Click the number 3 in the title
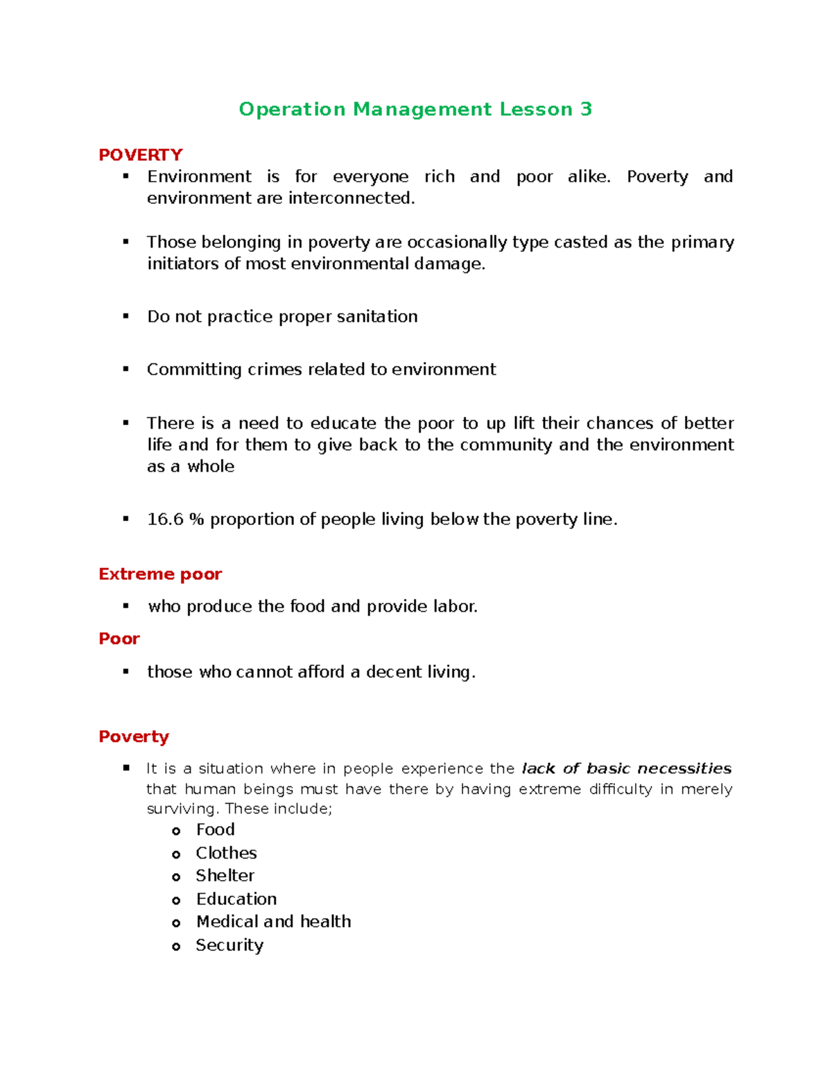[586, 110]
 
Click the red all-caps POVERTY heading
[141, 155]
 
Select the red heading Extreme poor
[160, 574]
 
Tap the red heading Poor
[119, 639]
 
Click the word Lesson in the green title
[536, 110]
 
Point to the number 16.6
[165, 519]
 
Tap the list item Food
[216, 830]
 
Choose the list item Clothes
[226, 853]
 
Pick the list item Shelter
[225, 876]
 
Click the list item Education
[236, 899]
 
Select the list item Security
[229, 945]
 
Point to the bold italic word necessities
[684, 768]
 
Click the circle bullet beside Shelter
[176, 877]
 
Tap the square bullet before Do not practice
[126, 316]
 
